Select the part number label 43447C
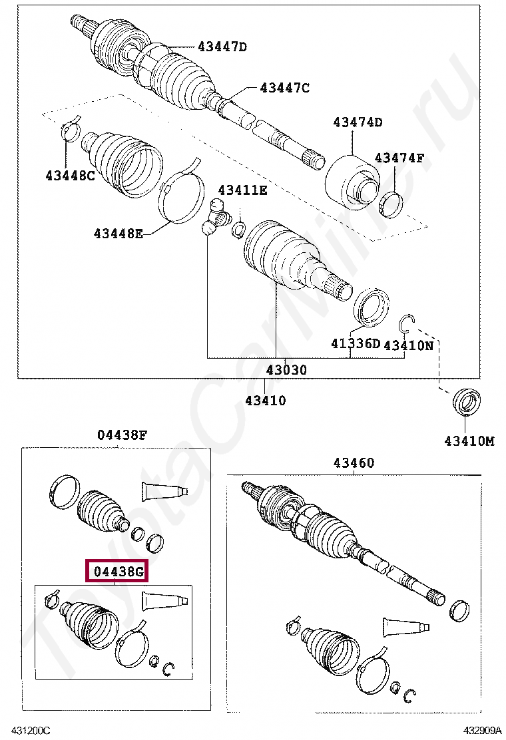tap(284, 88)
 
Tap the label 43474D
tap(358, 122)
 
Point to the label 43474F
tap(399, 158)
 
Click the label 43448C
tap(70, 176)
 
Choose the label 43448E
tap(118, 233)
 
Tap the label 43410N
tap(408, 345)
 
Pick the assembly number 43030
tap(287, 369)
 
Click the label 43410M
tap(469, 441)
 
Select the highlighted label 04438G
tap(117, 572)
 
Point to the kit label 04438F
tap(122, 435)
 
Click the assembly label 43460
tap(354, 463)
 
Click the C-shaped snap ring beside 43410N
tap(407, 324)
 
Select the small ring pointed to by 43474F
tap(391, 204)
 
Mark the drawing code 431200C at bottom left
tap(29, 731)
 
